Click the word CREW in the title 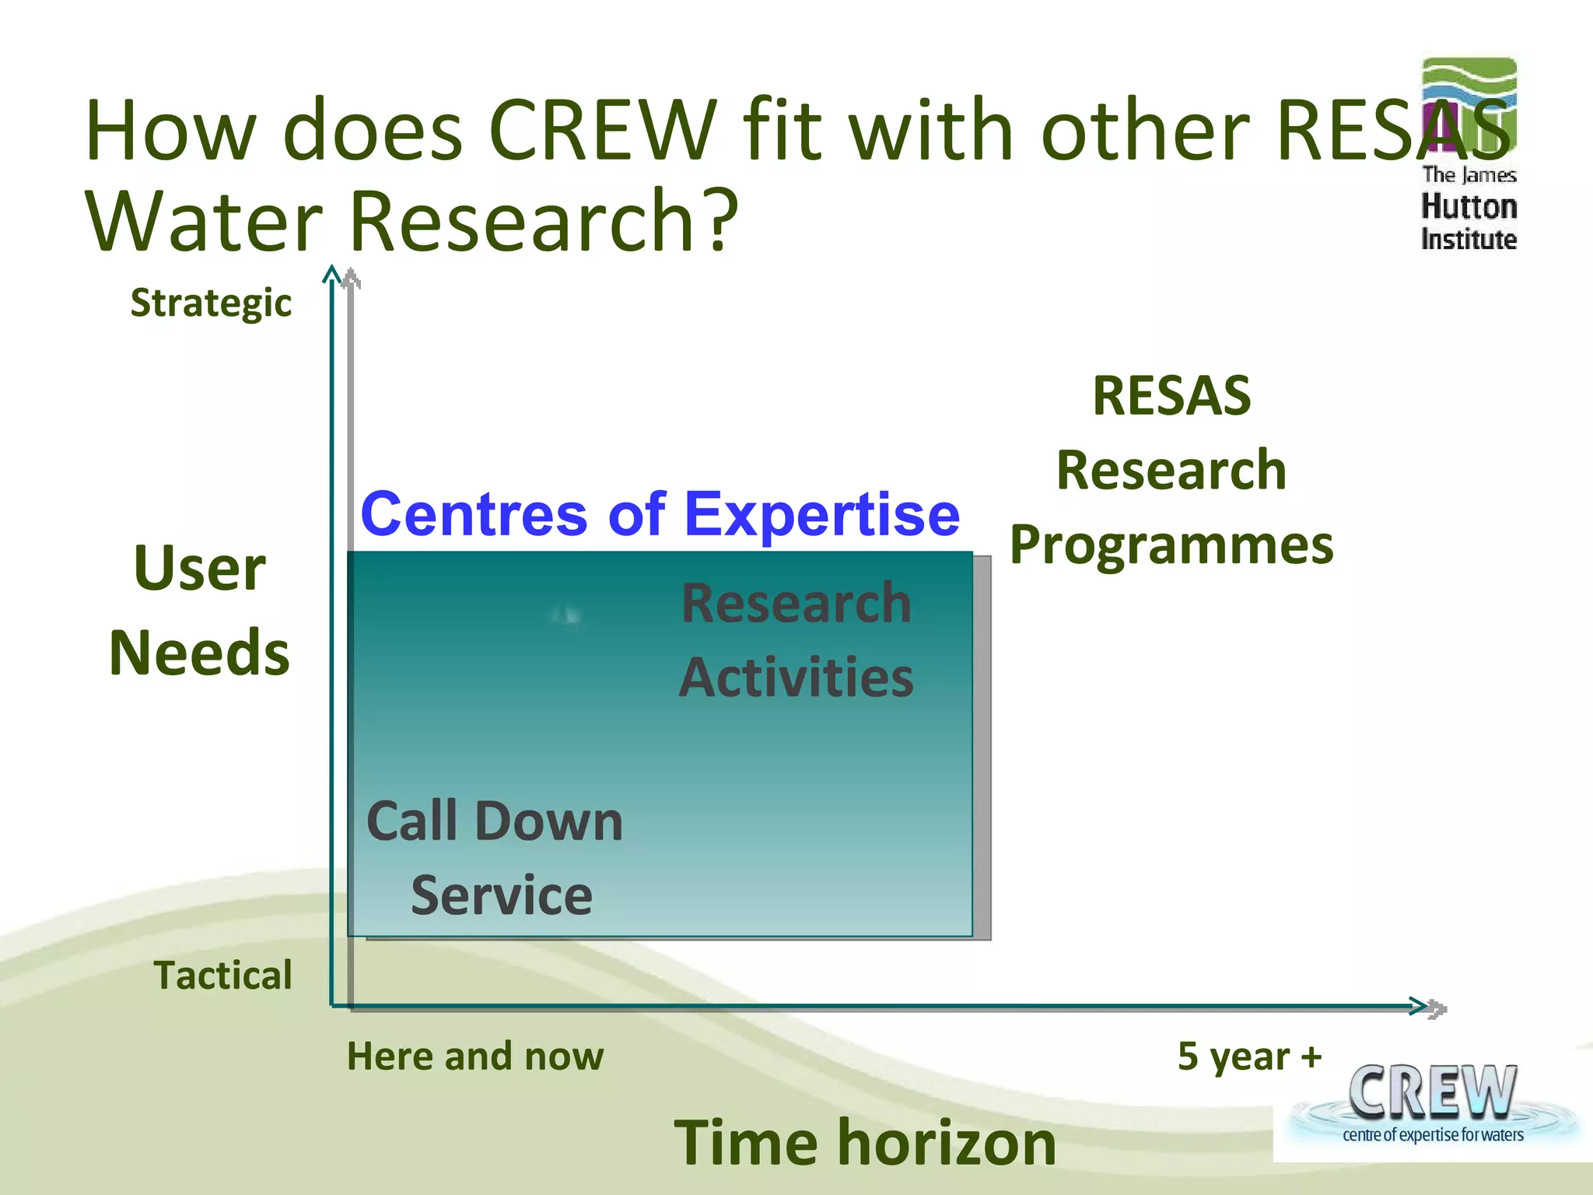coord(602,131)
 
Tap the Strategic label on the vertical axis coord(211,303)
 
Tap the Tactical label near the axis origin coord(223,976)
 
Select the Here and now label coord(475,1057)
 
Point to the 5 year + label coord(1249,1057)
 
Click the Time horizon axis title coord(864,1143)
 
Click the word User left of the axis coord(200,569)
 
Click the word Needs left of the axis coord(200,654)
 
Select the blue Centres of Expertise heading coord(660,514)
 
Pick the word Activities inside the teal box coord(796,678)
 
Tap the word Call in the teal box coord(411,822)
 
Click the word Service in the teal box coord(502,895)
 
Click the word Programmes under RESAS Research coord(1171,545)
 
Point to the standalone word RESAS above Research coord(1171,396)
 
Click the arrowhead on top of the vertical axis coord(333,275)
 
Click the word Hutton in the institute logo coord(1469,207)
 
